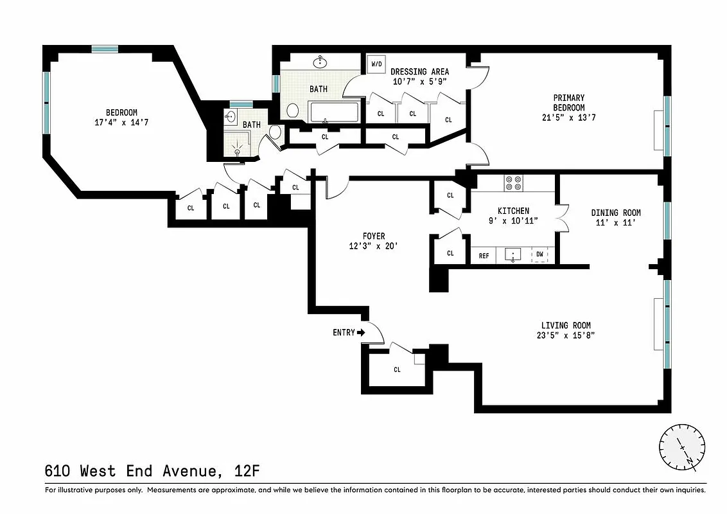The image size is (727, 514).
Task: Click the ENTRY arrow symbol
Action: [360, 333]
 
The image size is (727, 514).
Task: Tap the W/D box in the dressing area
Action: [374, 64]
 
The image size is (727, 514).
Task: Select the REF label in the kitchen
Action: [484, 256]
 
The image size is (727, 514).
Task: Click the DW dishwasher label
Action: [539, 255]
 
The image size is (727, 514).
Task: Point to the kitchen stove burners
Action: [513, 183]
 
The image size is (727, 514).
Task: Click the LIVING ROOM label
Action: [565, 326]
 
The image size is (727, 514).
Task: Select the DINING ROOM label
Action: [616, 213]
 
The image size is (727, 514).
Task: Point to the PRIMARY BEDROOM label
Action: [569, 103]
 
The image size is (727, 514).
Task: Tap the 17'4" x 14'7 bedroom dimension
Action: [121, 121]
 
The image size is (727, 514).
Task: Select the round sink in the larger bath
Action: [319, 62]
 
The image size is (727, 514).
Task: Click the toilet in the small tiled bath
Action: [276, 132]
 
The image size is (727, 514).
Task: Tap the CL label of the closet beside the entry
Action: [397, 369]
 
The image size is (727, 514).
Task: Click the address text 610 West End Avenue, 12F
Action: [152, 471]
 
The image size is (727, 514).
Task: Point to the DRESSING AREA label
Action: [419, 72]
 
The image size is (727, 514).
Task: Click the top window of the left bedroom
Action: [104, 49]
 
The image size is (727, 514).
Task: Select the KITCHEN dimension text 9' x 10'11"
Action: [513, 220]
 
